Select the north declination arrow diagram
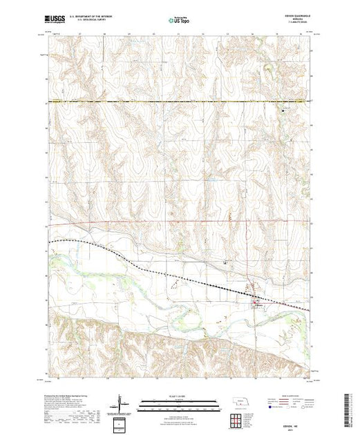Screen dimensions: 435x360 pyautogui.click(x=122, y=402)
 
